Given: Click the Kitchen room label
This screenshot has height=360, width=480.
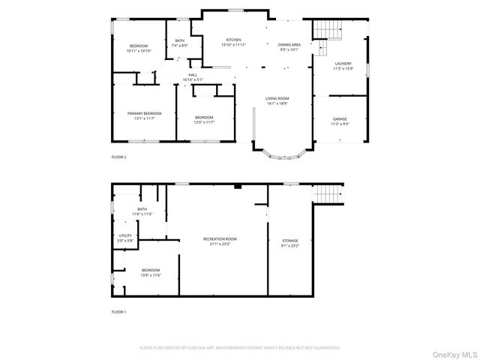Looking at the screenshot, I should point(233,40).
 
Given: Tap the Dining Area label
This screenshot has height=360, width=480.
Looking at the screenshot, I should point(289,45).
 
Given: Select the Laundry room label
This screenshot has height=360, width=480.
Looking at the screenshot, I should point(343,64).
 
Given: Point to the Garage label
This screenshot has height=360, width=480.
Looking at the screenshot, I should point(340,118).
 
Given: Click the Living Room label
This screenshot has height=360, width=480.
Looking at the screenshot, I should point(277,98).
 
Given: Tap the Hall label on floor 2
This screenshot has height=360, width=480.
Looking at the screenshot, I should point(193,75).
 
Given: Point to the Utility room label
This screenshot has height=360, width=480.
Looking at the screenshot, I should point(125,235).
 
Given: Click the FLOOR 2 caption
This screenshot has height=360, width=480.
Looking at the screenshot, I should point(118,157).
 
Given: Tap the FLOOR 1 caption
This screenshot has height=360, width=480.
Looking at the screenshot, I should point(118,310).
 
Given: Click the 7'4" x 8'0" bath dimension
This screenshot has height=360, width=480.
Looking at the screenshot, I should point(179,46).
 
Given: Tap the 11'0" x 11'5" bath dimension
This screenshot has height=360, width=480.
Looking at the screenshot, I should point(142,214).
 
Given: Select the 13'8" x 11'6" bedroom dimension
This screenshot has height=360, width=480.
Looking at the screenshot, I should point(151,274).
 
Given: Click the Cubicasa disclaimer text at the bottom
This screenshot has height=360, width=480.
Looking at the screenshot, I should point(240,347).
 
